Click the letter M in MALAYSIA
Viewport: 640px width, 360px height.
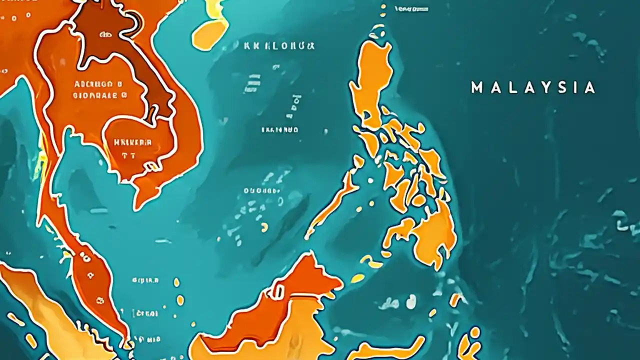(477, 88)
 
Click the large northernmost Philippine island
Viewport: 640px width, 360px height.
(372, 80)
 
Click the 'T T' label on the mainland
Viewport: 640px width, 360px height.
(128, 155)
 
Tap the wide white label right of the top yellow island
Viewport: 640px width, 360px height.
(279, 46)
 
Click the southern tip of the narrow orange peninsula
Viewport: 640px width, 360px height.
(125, 340)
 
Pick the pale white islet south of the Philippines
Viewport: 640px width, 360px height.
(411, 301)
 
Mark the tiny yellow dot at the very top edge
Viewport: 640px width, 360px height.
(383, 7)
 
